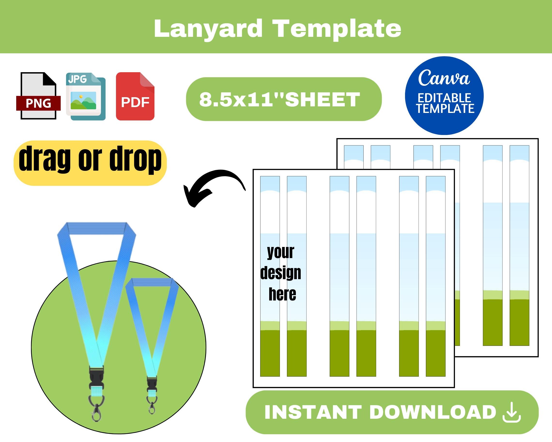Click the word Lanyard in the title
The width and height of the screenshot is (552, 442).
coord(208,29)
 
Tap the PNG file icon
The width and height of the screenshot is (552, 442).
coord(38,96)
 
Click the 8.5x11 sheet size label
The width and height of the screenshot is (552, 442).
coord(280,99)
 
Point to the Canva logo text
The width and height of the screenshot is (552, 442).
coord(444,78)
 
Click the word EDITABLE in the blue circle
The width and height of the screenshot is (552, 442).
coord(444,98)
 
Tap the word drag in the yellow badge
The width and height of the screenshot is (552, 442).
coord(45,159)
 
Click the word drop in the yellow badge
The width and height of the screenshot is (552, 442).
coord(135,159)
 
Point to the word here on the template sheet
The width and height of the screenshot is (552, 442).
coord(282,294)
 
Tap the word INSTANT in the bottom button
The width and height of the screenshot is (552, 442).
coord(313,412)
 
